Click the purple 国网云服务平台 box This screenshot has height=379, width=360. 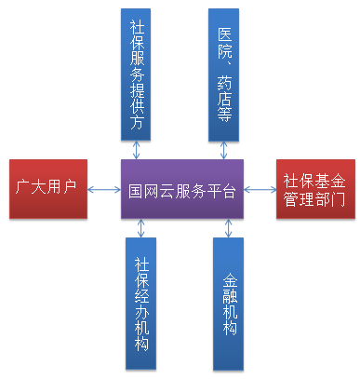(x=181, y=190)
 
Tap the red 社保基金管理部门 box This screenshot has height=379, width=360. (x=314, y=190)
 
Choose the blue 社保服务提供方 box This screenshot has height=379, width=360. (x=137, y=74)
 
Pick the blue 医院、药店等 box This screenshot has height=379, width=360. (x=223, y=74)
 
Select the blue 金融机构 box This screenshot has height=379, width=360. (x=227, y=302)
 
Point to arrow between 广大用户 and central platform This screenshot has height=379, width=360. (x=104, y=190)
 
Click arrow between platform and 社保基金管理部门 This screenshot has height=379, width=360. (x=260, y=190)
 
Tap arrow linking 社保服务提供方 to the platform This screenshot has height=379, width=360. (x=138, y=149)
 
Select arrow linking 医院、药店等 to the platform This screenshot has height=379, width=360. (x=223, y=149)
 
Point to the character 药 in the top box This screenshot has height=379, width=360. (x=223, y=88)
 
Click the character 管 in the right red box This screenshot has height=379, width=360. (x=293, y=200)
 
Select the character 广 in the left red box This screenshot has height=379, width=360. (x=26, y=190)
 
